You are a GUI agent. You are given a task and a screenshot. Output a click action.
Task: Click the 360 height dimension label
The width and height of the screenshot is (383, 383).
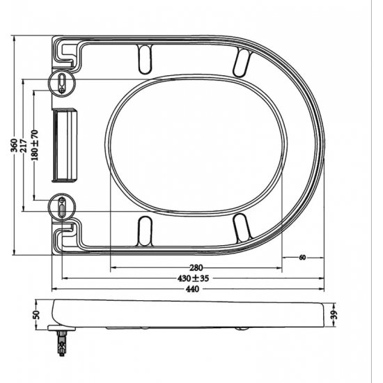(x=13, y=146)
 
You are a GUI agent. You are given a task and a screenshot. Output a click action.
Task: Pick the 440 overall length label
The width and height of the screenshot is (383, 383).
(x=189, y=290)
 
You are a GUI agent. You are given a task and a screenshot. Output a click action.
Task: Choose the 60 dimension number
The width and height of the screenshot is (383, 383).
(x=302, y=258)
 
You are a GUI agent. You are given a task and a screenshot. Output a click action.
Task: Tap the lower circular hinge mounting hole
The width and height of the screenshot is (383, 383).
(x=62, y=207)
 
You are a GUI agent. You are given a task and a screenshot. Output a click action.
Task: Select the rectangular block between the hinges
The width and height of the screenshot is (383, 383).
(x=66, y=145)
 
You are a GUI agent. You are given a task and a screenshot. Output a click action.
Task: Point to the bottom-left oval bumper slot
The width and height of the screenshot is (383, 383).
(x=146, y=230)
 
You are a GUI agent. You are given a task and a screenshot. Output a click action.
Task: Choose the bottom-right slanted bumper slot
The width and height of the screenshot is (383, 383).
(x=242, y=228)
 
